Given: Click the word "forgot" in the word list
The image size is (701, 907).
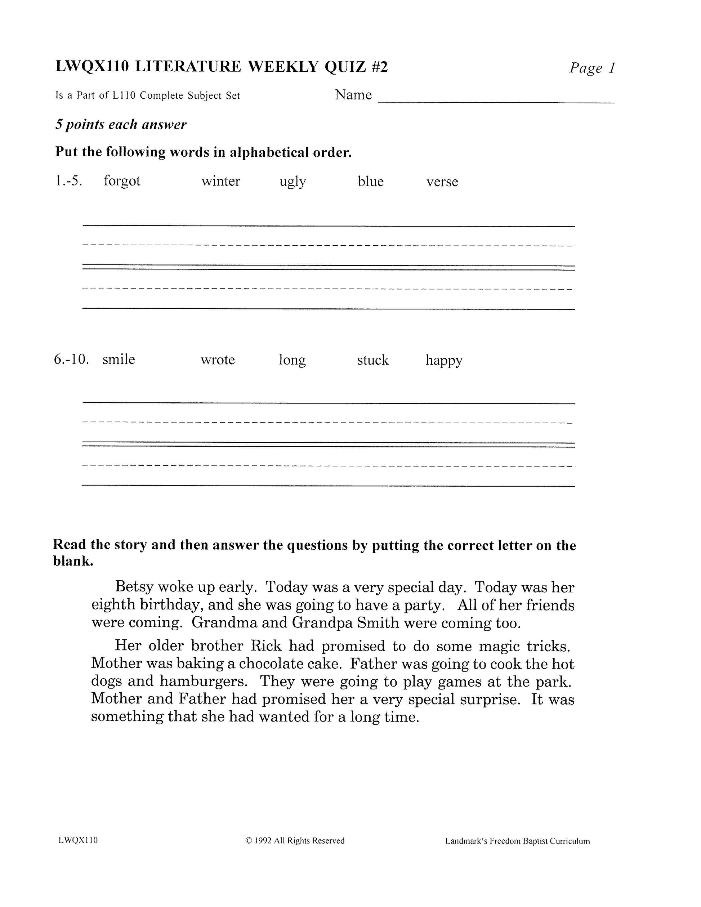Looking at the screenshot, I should [x=122, y=182].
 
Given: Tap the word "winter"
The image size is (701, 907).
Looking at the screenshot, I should [x=220, y=182].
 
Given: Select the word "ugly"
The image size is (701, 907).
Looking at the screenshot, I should [x=293, y=182].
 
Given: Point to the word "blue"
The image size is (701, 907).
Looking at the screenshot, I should [x=370, y=182].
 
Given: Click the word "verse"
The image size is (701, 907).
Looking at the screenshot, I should [x=442, y=182].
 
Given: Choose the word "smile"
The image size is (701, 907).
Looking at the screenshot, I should [x=119, y=359].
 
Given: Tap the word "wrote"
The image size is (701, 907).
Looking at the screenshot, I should [x=218, y=359].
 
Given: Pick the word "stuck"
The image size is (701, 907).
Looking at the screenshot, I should [x=373, y=360].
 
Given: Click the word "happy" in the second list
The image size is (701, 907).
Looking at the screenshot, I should [x=443, y=361].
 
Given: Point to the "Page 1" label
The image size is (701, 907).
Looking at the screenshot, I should [x=591, y=68].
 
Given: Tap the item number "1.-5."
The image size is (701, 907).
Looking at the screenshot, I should [x=68, y=181].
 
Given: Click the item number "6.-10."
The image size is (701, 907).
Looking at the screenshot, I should [x=71, y=359].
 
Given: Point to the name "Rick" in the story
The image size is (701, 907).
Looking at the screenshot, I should [x=266, y=646].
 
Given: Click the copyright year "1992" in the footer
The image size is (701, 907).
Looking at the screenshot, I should [x=263, y=841].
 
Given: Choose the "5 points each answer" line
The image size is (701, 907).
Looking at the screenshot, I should [x=121, y=125].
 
